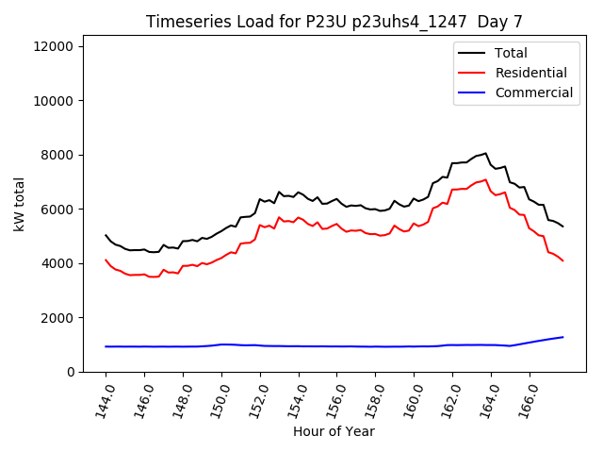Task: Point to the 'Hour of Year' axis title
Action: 334,431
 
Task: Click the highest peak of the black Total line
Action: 485,153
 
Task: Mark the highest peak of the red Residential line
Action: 485,179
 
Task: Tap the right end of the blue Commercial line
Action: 562,337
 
